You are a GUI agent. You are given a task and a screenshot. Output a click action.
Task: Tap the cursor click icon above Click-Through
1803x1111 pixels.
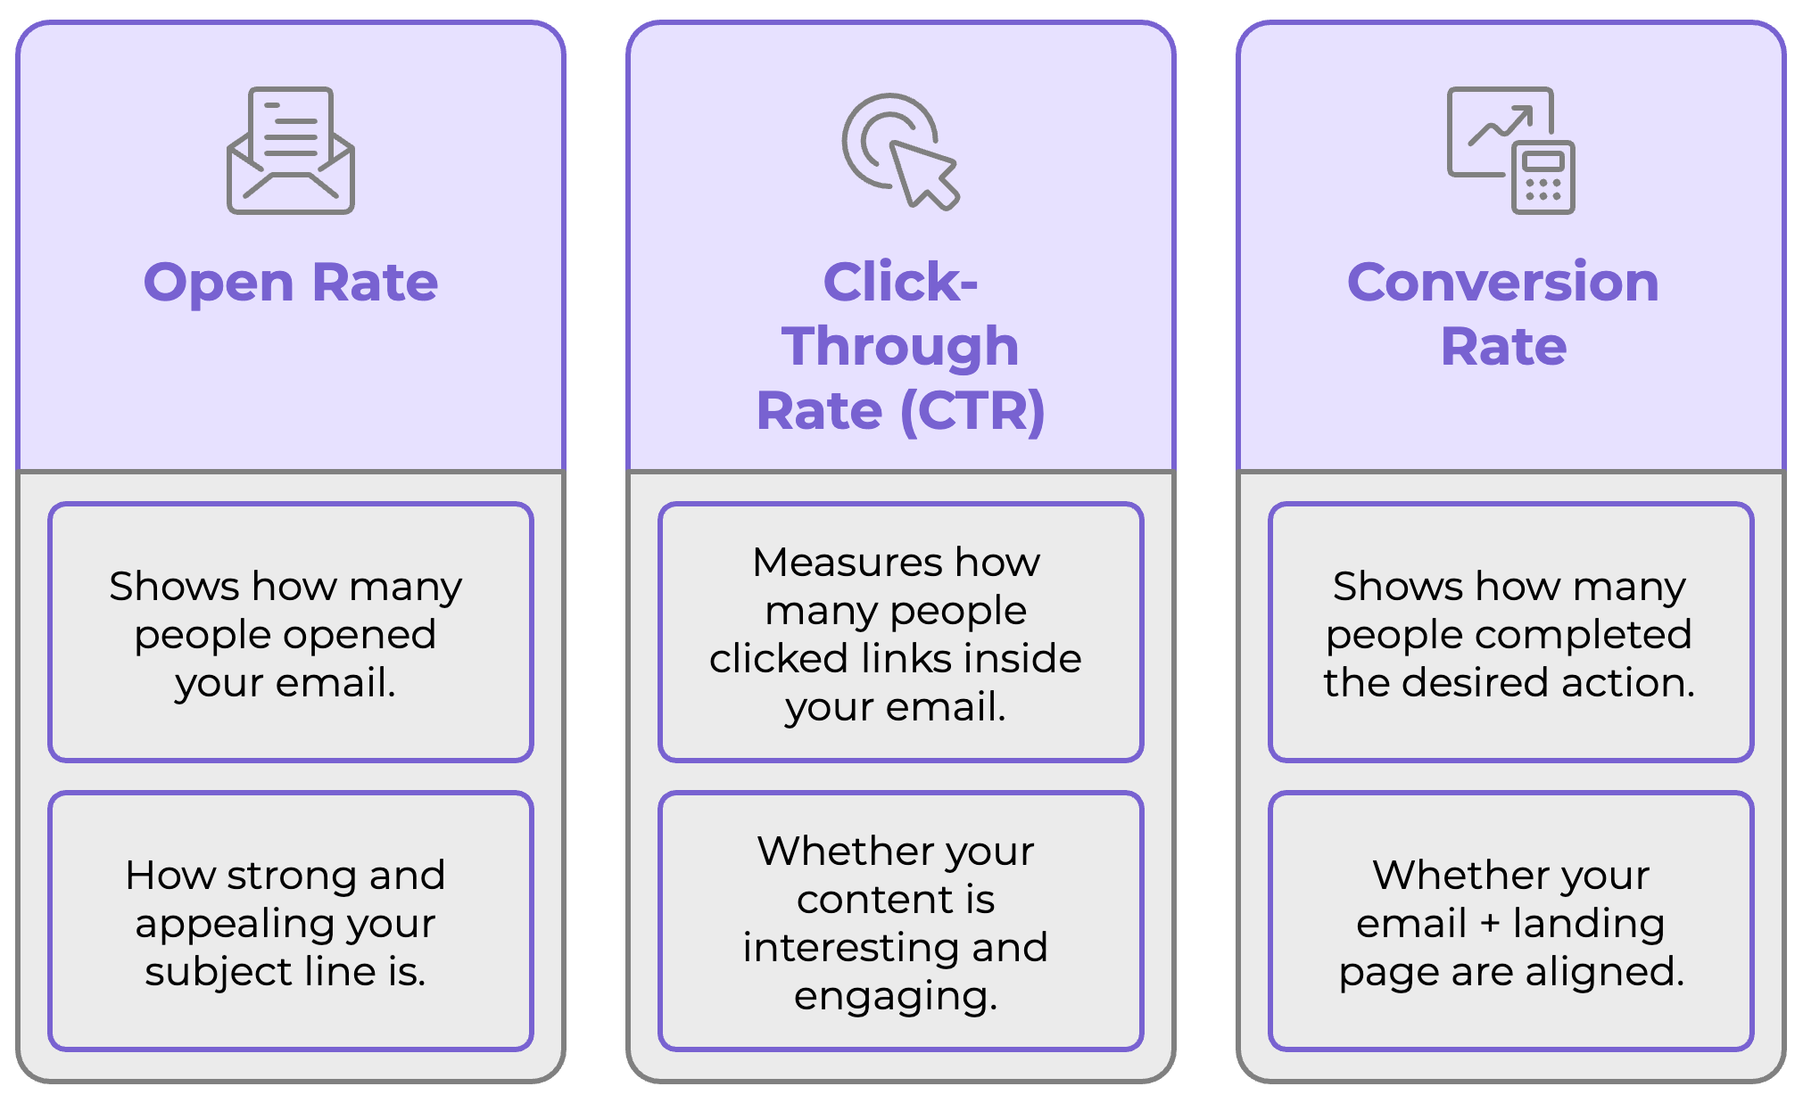pos(900,151)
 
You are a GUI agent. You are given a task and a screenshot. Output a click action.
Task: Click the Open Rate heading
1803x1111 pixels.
pos(291,282)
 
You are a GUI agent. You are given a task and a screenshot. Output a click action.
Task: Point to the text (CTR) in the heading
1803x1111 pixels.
pos(972,410)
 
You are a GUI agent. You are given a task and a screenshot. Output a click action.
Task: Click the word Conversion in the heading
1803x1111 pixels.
pos(1502,282)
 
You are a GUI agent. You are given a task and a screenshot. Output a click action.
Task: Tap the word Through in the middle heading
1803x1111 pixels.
pos(900,346)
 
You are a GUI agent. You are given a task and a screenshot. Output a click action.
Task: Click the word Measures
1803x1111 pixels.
pos(847,562)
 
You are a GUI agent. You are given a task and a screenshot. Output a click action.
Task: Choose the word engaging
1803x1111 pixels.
pos(895,995)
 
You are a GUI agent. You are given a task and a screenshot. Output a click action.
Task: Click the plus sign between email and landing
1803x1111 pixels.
pos(1490,924)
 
